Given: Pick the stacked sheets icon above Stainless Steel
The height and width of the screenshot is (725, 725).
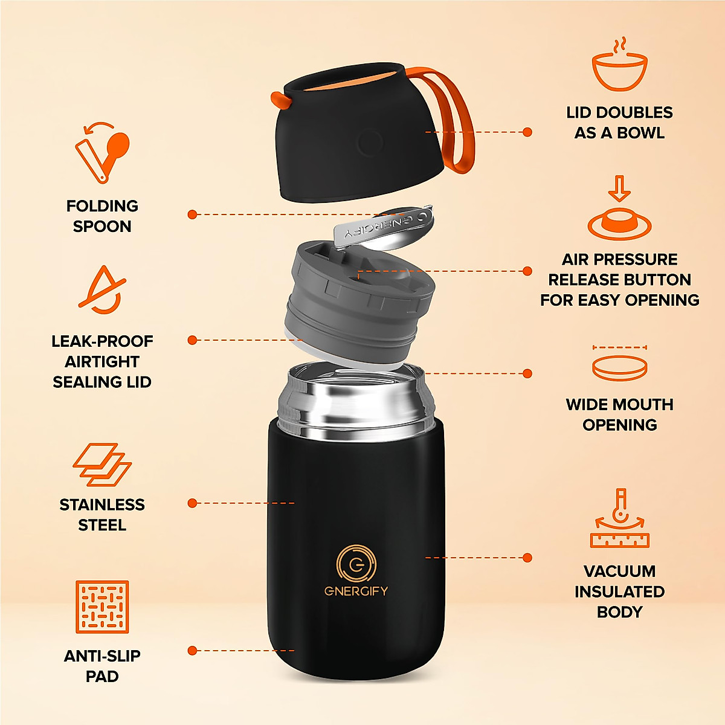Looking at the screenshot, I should (102, 465).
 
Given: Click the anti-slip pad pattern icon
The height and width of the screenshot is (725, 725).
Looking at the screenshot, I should (102, 607).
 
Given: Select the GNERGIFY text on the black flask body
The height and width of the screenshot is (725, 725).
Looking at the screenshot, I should (356, 591).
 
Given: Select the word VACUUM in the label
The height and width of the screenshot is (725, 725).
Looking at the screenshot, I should (619, 571).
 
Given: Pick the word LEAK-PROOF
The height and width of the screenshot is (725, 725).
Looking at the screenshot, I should (102, 341).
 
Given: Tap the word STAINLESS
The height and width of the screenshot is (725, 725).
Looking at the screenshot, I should (102, 504).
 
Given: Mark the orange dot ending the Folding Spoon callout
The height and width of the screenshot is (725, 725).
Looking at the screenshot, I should (192, 214).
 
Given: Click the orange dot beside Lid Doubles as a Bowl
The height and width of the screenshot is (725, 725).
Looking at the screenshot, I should (527, 132).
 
